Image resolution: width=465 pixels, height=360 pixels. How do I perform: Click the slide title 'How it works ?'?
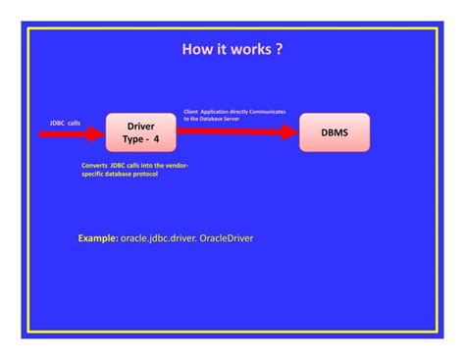232,48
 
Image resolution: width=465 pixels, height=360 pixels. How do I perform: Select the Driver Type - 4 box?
140,132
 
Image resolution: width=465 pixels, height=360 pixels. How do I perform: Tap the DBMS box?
335,132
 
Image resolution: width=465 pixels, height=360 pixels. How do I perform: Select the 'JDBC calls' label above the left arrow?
65,123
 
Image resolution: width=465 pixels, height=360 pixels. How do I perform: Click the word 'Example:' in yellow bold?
98,237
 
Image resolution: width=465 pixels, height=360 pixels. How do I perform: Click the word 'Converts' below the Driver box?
94,165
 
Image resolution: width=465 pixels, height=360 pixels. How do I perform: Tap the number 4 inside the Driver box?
155,139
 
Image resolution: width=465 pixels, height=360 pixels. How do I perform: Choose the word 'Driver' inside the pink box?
140,126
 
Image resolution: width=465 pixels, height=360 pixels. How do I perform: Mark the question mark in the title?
280,48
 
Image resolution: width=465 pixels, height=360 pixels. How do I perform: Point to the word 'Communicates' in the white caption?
267,112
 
